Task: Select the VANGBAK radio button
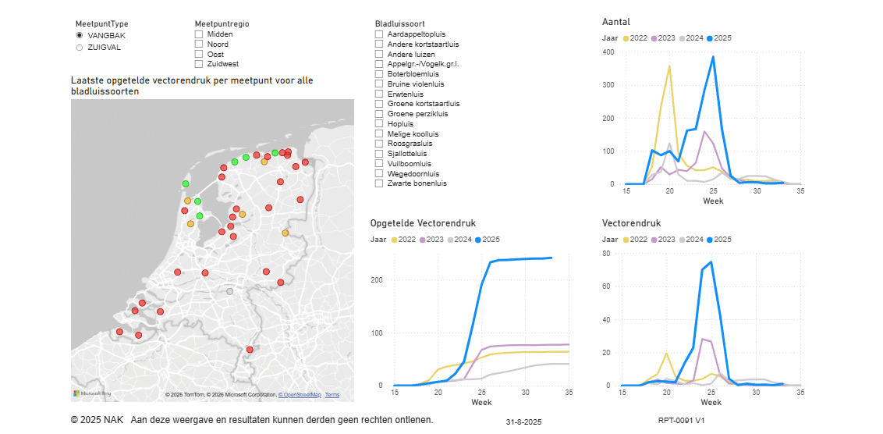80,36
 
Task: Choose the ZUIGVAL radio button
80,48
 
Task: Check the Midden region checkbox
199,34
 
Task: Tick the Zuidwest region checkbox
199,64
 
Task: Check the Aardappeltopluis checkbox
379,34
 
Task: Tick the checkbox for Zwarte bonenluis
379,183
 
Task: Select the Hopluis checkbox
379,124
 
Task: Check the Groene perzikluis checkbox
379,114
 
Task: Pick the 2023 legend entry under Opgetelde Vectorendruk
434,240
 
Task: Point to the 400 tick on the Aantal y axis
608,52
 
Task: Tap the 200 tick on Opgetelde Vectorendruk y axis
379,280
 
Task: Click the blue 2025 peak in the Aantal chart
713,56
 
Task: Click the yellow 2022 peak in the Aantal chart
669,66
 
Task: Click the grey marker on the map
229,292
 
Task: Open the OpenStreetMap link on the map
300,395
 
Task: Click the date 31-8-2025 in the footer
523,422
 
